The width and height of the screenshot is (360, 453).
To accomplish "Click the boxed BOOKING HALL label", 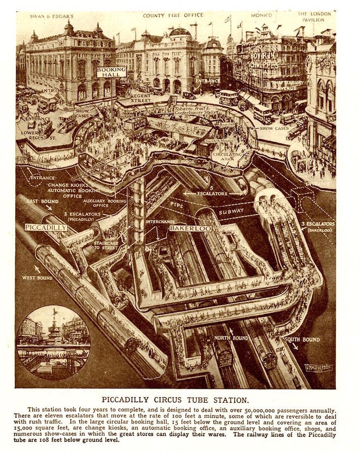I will (111, 72).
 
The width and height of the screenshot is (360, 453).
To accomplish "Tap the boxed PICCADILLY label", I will (46, 227).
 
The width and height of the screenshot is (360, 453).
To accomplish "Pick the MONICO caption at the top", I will (261, 15).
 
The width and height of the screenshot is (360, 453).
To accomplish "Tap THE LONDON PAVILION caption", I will (315, 16).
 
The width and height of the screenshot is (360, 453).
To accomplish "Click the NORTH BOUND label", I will (231, 338).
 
